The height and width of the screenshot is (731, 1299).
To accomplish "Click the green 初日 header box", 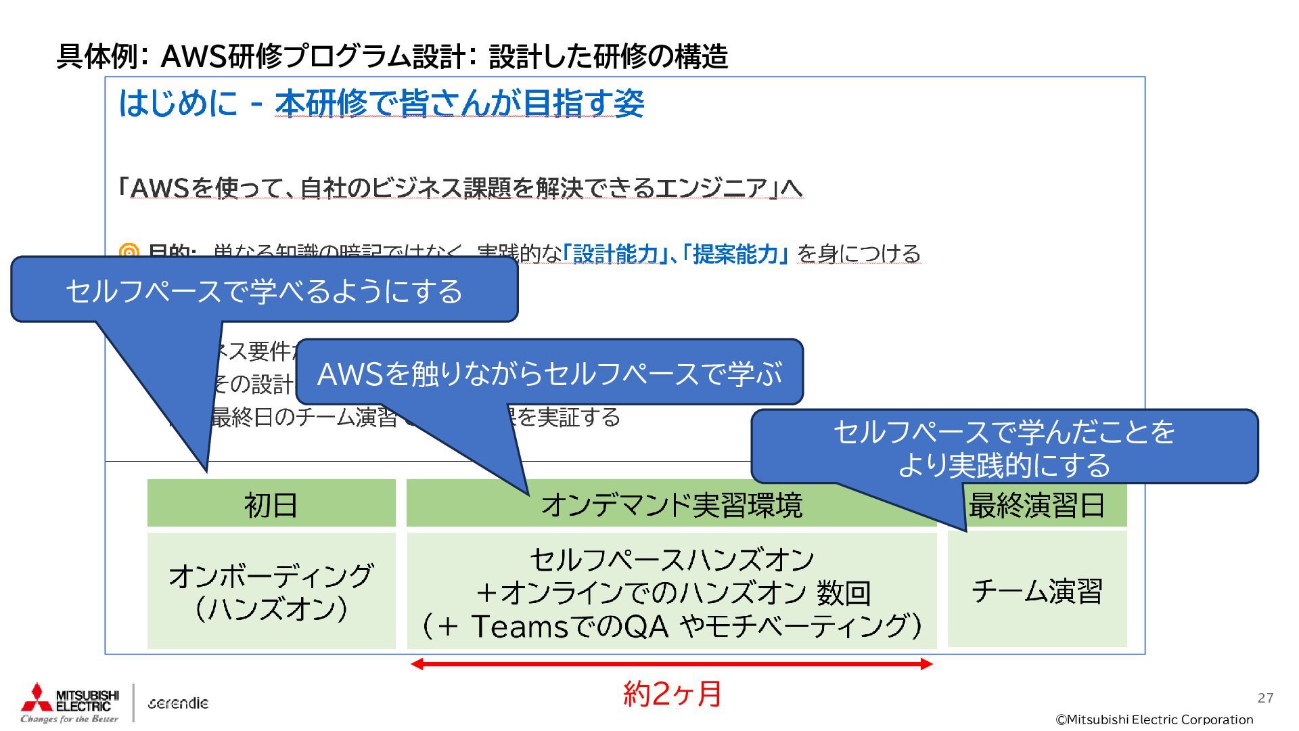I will pyautogui.click(x=271, y=504).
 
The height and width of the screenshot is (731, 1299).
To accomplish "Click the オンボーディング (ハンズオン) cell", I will pyautogui.click(x=271, y=591).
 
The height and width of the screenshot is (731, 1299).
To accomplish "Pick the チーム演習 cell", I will pyautogui.click(x=1037, y=590).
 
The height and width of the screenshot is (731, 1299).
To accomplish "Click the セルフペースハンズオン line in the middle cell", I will pyautogui.click(x=671, y=560).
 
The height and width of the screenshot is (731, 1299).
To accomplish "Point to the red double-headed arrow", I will pyautogui.click(x=671, y=664).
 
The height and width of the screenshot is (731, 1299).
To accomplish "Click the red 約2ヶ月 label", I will pyautogui.click(x=672, y=694).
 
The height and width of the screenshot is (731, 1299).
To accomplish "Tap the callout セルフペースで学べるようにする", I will pyautogui.click(x=264, y=290).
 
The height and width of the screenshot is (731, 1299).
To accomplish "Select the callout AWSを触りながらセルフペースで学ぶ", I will pyautogui.click(x=549, y=373).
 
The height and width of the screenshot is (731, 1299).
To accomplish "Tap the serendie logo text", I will pyautogui.click(x=178, y=703).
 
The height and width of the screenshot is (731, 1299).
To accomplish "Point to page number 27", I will pyautogui.click(x=1265, y=698).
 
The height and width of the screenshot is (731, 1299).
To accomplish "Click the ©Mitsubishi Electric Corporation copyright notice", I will pyautogui.click(x=1154, y=719).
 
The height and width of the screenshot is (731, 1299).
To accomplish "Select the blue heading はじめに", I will pyautogui.click(x=177, y=104).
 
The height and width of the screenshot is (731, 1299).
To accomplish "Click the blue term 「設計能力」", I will pyautogui.click(x=615, y=254).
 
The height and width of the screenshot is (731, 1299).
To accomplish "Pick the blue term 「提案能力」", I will pyautogui.click(x=735, y=254).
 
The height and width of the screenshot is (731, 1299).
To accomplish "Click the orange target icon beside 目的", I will pyautogui.click(x=129, y=253).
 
